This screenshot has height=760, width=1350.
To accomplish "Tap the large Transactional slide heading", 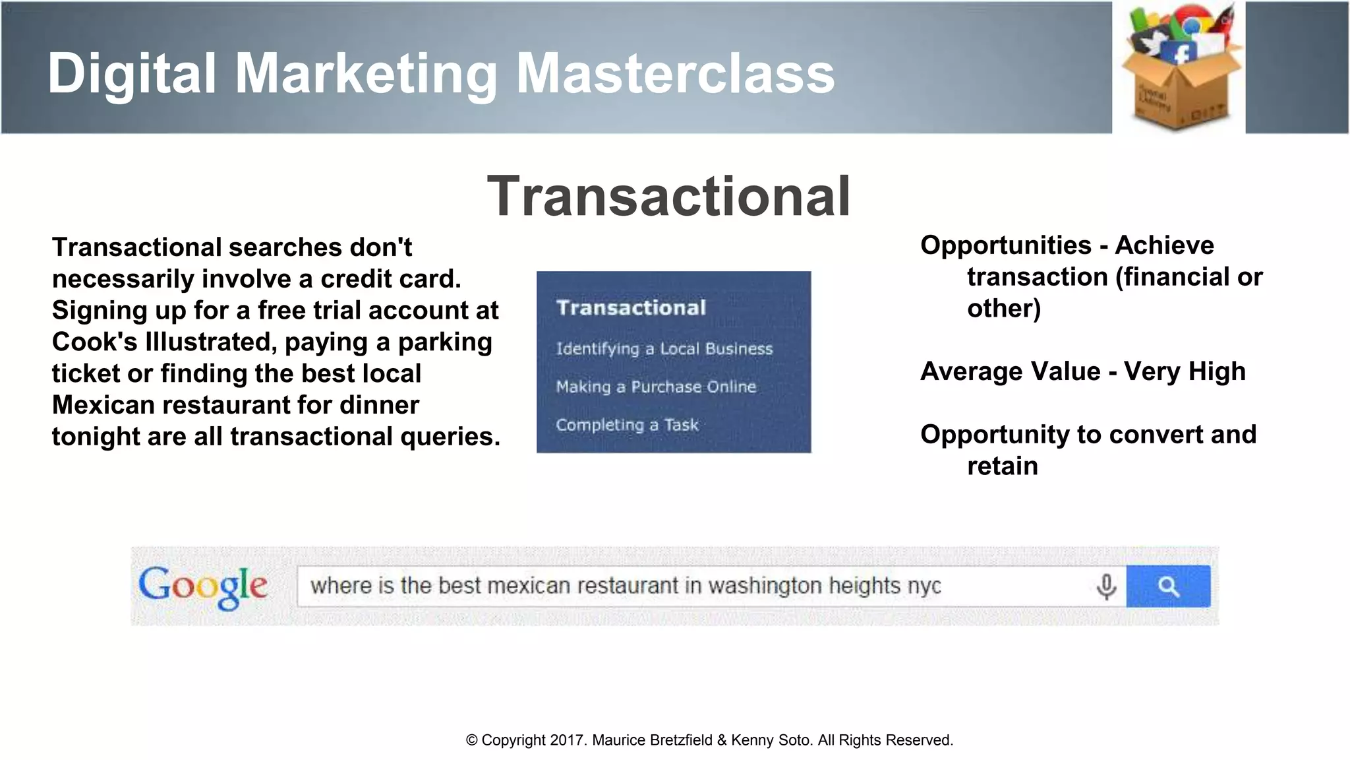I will pyautogui.click(x=668, y=196).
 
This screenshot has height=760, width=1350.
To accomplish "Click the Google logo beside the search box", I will pyautogui.click(x=203, y=586).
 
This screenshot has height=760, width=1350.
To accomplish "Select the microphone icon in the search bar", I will pyautogui.click(x=1106, y=586).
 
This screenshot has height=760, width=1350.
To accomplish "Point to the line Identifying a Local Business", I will pyautogui.click(x=664, y=349).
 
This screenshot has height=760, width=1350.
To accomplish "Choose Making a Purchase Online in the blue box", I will pyautogui.click(x=656, y=387).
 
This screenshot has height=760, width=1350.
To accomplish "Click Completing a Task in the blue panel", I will pyautogui.click(x=627, y=425).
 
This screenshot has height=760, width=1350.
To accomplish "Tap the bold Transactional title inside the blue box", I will pyautogui.click(x=631, y=307).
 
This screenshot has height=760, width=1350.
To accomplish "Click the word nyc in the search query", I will pyautogui.click(x=924, y=586).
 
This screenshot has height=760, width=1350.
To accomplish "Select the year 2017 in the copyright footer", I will pyautogui.click(x=567, y=740).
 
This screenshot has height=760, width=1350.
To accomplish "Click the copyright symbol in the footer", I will pyautogui.click(x=471, y=740).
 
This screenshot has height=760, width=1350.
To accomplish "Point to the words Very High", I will pyautogui.click(x=1185, y=371).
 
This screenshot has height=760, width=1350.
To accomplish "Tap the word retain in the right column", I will pyautogui.click(x=1002, y=466).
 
